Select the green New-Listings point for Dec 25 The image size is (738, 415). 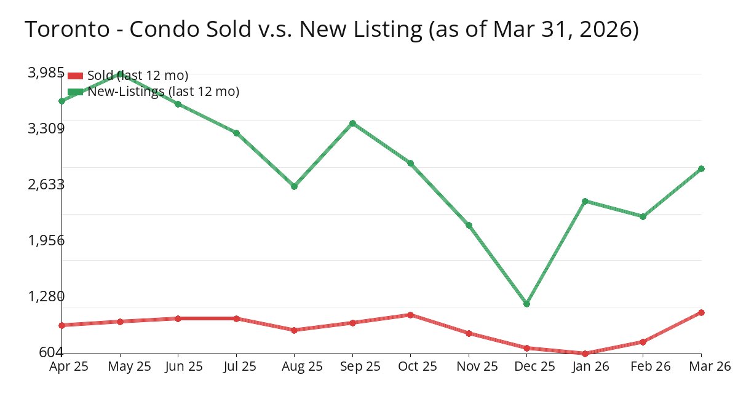point(526,304)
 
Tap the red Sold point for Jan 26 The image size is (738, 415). point(585,354)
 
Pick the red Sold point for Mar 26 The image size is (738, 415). point(701,312)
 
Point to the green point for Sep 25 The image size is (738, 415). point(352,123)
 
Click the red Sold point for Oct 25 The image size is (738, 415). point(410,315)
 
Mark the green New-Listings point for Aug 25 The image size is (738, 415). point(294,186)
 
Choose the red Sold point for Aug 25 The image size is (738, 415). point(294,330)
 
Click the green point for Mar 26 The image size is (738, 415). point(701,168)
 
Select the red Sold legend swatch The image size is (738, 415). point(75,76)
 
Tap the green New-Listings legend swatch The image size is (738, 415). point(75,92)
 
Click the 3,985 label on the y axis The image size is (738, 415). point(46,73)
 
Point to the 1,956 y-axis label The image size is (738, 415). point(46,240)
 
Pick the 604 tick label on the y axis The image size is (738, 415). point(51,352)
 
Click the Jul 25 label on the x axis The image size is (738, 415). point(236,366)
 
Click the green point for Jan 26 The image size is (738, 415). point(585,201)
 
